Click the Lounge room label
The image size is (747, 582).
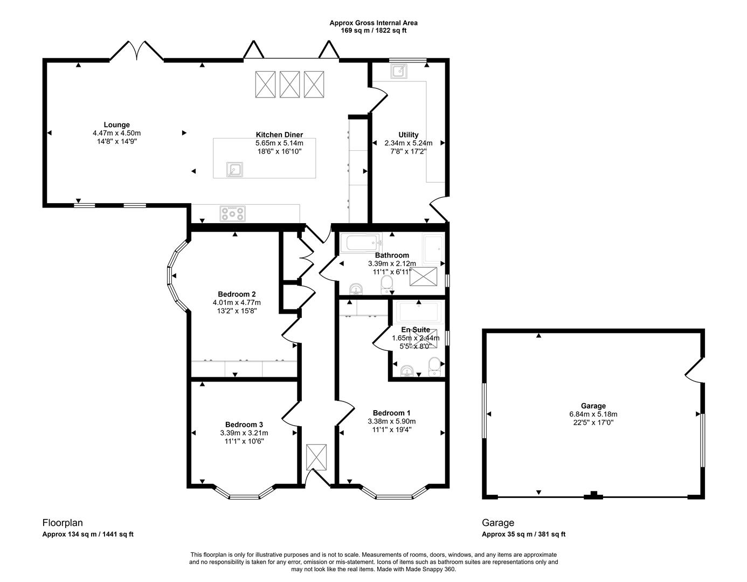coord(117,125)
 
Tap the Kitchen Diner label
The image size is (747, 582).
coord(279,135)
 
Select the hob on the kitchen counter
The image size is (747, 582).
coord(232,214)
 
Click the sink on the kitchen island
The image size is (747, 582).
coord(234,169)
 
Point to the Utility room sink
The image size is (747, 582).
coord(399,71)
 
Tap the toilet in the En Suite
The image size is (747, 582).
coord(434,368)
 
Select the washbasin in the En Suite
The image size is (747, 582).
coord(408,371)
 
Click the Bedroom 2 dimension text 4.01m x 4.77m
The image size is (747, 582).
coord(237,303)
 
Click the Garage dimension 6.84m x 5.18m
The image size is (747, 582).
coord(593,414)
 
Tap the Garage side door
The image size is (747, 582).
coord(694,370)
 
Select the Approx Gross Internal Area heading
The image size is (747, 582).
coord(373,23)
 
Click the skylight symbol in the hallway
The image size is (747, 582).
coord(316,457)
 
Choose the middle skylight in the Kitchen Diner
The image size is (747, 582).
coord(290,84)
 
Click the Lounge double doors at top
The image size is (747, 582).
coord(137,51)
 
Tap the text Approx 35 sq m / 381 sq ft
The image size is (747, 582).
coord(523,535)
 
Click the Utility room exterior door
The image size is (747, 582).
coord(438,210)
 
